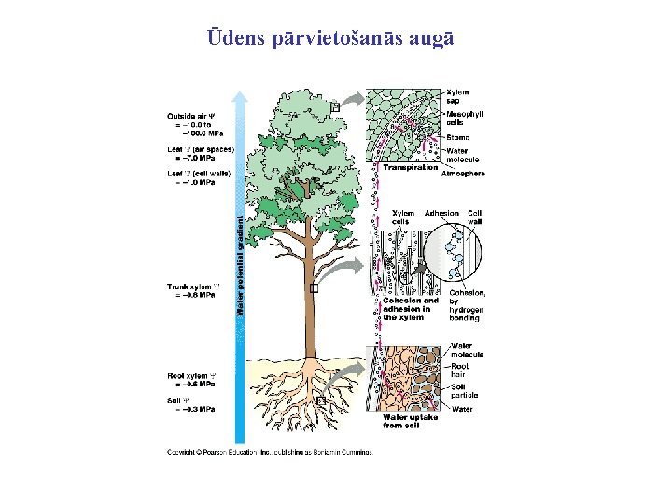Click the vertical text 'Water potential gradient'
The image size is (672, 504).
(240, 266)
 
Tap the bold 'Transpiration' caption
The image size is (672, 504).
(410, 168)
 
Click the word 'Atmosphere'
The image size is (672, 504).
(464, 174)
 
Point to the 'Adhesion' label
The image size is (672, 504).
(441, 213)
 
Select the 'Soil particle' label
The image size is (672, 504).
(463, 392)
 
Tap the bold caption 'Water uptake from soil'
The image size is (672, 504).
(411, 422)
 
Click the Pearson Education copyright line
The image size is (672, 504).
(269, 453)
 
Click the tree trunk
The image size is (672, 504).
(308, 299)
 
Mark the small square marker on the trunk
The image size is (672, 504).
(314, 289)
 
